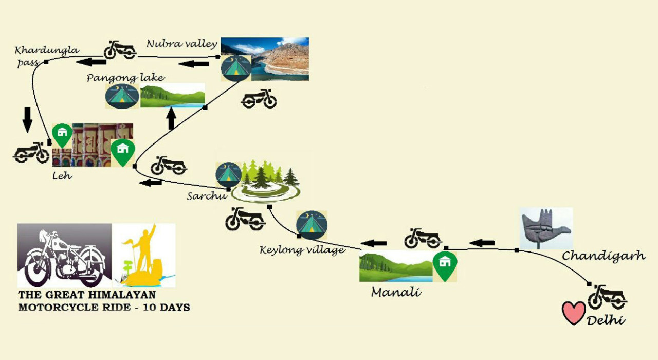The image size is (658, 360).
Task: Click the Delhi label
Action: [x=607, y=320]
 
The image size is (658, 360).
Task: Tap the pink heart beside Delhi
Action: [x=573, y=313]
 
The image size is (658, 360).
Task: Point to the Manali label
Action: [x=396, y=293]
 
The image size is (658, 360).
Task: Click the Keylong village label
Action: [x=302, y=250]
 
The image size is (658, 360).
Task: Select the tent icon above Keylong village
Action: [x=312, y=225]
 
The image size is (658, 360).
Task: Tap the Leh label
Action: [x=61, y=176]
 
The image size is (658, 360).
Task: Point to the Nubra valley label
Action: [x=181, y=44]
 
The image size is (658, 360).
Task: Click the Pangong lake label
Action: [x=125, y=78]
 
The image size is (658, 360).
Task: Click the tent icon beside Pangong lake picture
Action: [x=122, y=96]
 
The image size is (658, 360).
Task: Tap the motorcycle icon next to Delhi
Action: [x=607, y=297]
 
